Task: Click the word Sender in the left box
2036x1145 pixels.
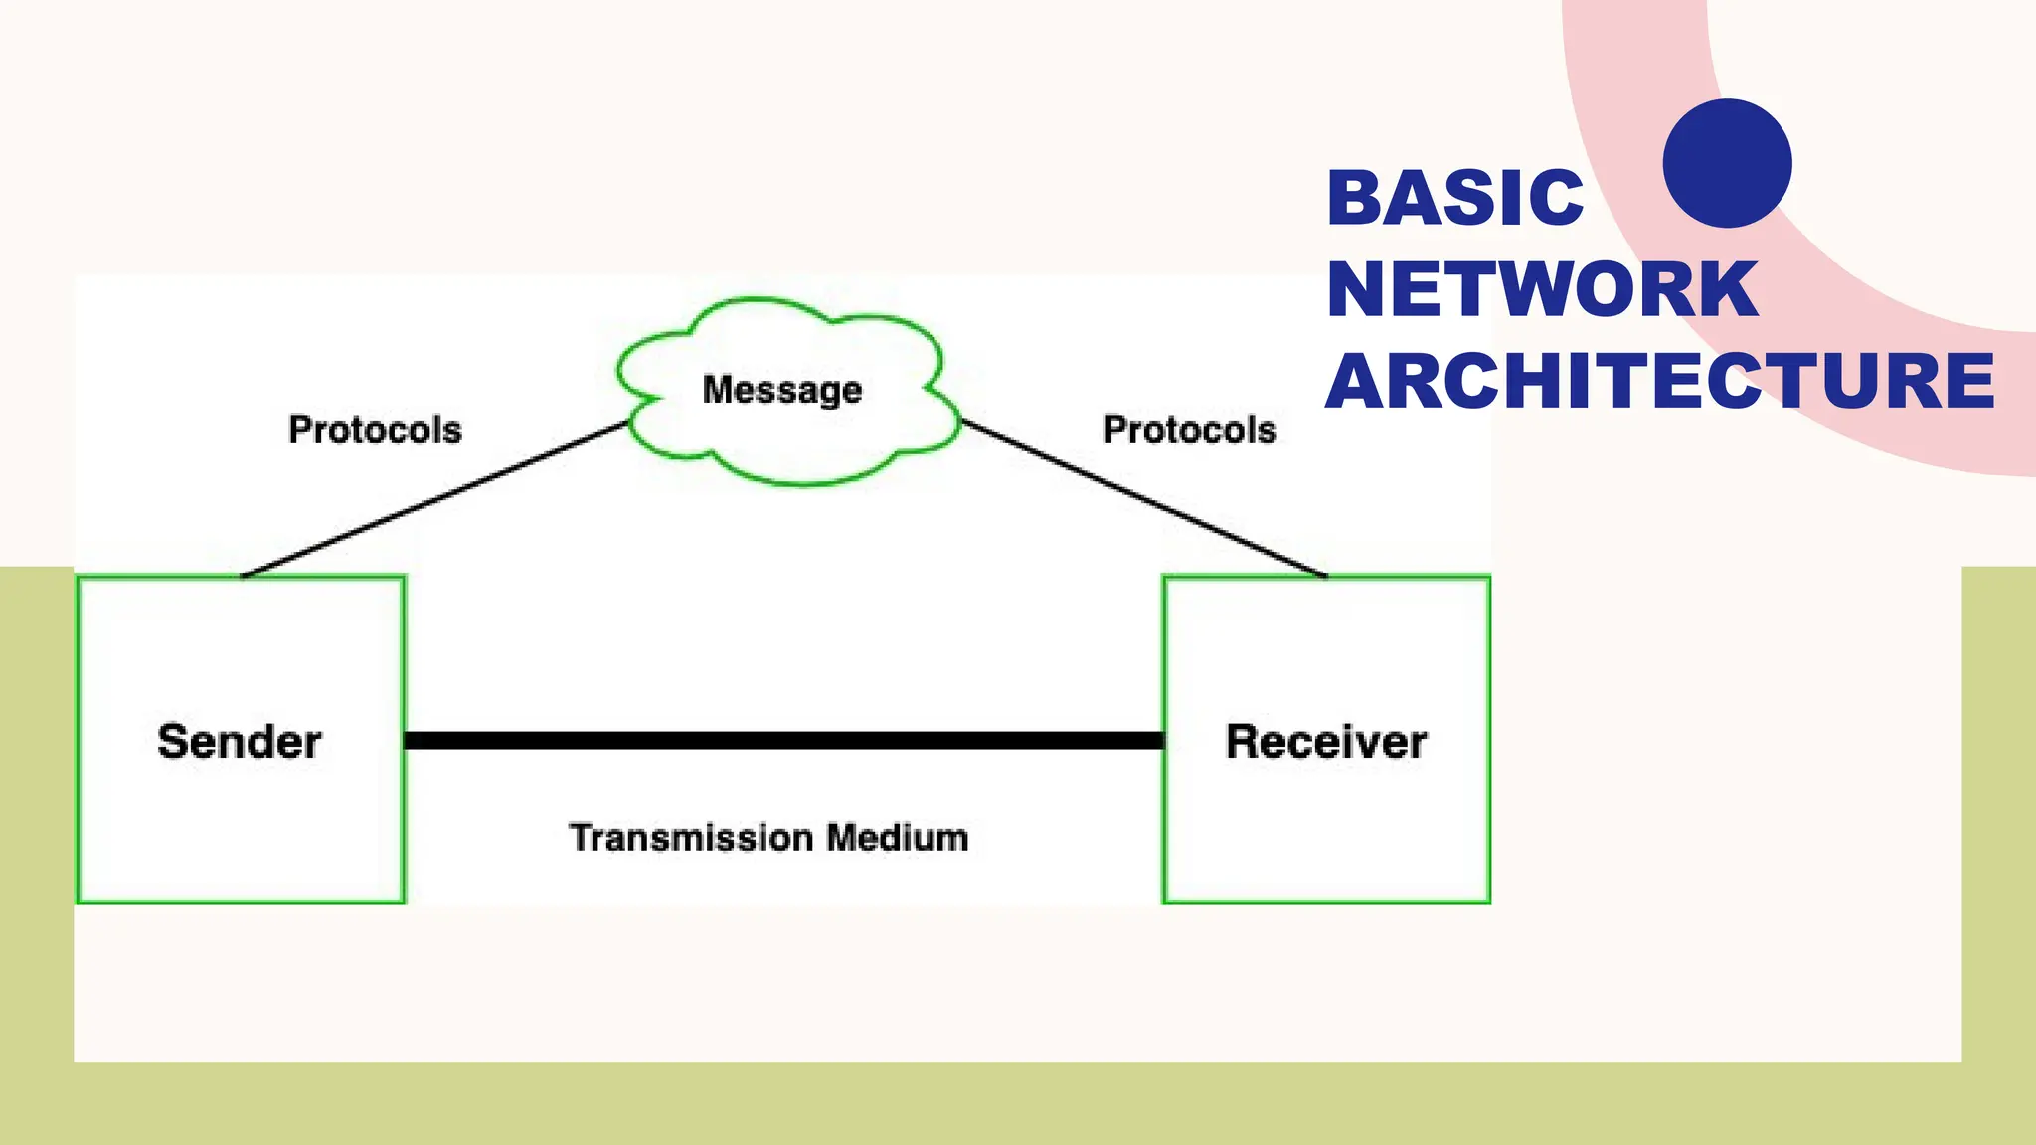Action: click(x=239, y=741)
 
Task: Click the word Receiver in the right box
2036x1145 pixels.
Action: click(x=1326, y=741)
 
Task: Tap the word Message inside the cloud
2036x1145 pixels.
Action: click(x=781, y=390)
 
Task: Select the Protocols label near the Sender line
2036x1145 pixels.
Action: click(x=375, y=430)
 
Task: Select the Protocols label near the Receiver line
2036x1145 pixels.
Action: click(x=1190, y=430)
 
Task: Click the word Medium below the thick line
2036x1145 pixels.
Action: click(x=898, y=838)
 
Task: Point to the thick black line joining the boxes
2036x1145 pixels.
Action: click(x=783, y=740)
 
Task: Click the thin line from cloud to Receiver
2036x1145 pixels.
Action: click(x=1143, y=498)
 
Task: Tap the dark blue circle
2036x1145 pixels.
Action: click(x=1727, y=163)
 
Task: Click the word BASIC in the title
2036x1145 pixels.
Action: click(x=1454, y=198)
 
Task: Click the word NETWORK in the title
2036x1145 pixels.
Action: click(x=1542, y=289)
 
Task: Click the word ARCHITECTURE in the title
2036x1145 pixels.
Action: click(x=1660, y=381)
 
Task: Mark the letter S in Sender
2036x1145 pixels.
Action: click(x=173, y=741)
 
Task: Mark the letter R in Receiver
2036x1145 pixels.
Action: click(x=1243, y=741)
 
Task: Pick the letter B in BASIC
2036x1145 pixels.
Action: click(x=1355, y=198)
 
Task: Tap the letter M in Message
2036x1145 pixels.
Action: click(x=718, y=389)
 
